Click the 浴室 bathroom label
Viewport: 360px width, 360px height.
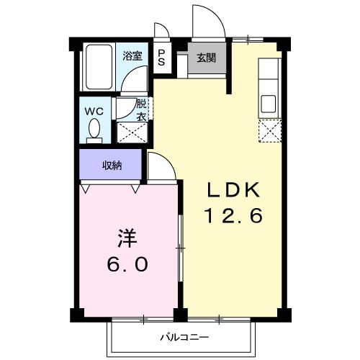click(131, 55)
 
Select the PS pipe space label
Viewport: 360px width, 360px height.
click(161, 58)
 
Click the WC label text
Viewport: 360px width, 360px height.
click(94, 112)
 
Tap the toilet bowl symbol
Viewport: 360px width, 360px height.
click(94, 130)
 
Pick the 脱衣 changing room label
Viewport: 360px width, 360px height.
click(142, 109)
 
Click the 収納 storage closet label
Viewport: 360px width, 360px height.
click(111, 165)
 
